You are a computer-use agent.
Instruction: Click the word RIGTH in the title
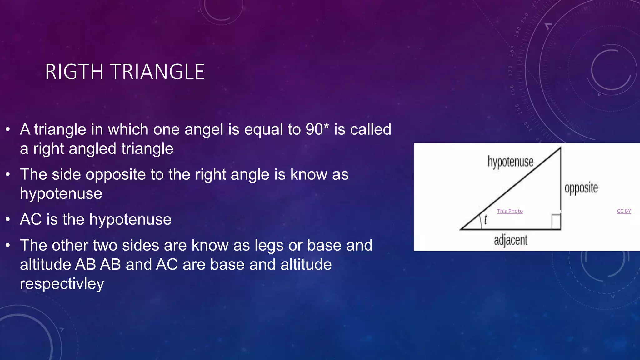pos(74,72)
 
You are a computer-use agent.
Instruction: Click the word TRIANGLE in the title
pos(157,72)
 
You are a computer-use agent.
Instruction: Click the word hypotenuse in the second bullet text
pos(61,194)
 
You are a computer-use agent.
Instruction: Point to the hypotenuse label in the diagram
pos(510,162)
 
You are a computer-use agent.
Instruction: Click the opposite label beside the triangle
pos(581,188)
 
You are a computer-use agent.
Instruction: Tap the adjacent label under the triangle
pos(511,240)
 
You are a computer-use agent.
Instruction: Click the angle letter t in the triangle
pos(485,220)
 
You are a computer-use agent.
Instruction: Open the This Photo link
pos(510,211)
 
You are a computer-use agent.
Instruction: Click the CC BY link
pos(624,211)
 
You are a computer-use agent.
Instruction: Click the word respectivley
pos(62,284)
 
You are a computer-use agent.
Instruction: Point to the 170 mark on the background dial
pos(511,71)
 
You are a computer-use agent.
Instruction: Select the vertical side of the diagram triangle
pos(561,187)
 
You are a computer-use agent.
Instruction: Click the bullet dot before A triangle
pos(8,129)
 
